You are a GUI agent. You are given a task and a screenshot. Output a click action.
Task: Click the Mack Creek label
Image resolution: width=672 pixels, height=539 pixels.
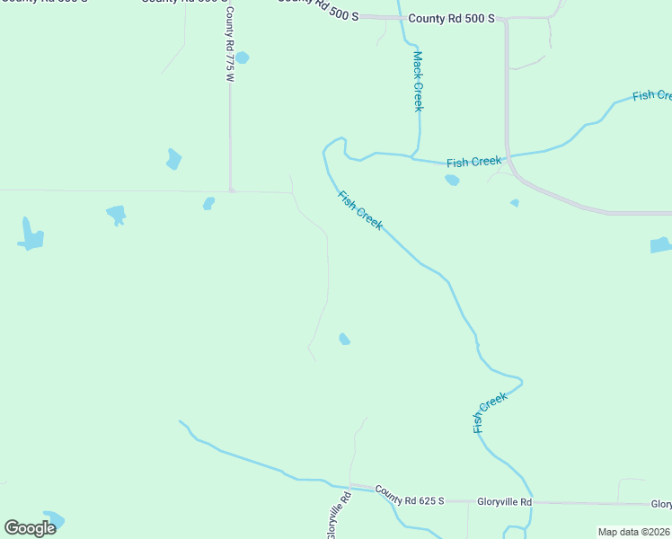click(418, 81)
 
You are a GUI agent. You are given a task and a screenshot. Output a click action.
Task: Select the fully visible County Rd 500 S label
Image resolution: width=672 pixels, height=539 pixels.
click(451, 18)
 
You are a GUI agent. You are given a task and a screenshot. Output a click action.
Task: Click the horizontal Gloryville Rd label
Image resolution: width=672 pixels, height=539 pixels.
click(504, 501)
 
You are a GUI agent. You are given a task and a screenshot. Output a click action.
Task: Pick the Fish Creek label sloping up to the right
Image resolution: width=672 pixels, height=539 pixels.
click(491, 412)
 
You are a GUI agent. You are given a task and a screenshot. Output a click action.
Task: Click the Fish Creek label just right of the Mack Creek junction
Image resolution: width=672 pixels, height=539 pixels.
click(473, 162)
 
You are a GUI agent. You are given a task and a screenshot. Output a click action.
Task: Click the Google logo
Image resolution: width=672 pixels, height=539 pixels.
click(30, 528)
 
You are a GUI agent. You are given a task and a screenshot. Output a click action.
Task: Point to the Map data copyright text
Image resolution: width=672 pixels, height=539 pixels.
click(633, 532)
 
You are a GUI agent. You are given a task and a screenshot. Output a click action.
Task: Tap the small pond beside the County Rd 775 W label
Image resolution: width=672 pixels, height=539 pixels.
click(242, 58)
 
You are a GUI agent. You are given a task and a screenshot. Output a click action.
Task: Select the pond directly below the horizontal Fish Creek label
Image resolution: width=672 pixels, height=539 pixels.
click(452, 180)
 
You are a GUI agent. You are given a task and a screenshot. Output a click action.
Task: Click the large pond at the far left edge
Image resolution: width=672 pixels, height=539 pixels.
click(31, 235)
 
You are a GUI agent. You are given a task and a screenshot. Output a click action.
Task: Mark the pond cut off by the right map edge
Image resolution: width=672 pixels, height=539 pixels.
click(660, 244)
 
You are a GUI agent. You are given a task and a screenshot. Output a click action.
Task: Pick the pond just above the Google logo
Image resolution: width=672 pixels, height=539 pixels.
click(54, 518)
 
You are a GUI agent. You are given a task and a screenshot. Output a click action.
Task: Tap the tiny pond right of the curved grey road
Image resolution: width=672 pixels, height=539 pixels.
click(515, 203)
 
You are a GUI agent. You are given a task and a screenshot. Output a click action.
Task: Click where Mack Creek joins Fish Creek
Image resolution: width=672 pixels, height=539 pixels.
click(415, 157)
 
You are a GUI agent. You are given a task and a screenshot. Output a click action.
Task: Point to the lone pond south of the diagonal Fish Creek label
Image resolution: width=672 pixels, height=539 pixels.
click(344, 339)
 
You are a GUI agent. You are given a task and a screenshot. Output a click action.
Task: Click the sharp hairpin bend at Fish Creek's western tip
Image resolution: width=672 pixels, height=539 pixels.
click(325, 149)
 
